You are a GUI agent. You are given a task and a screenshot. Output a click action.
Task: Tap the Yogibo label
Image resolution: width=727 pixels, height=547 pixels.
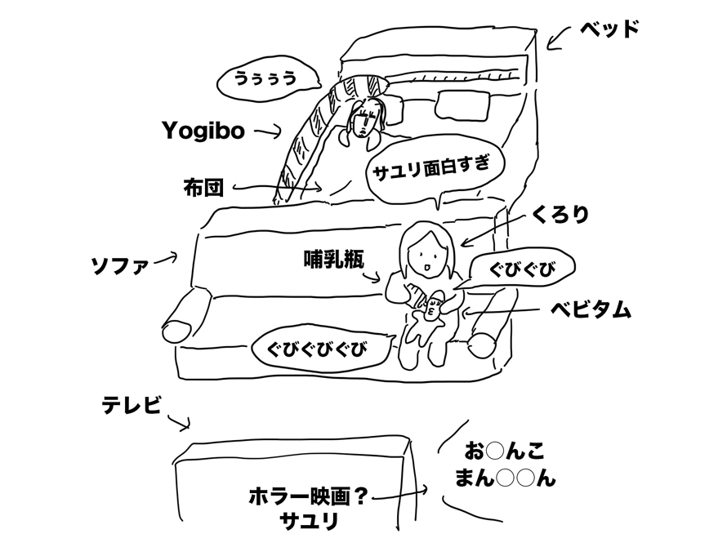point(203,131)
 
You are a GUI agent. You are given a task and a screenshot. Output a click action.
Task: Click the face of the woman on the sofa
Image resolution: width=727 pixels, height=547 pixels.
point(426,260)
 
